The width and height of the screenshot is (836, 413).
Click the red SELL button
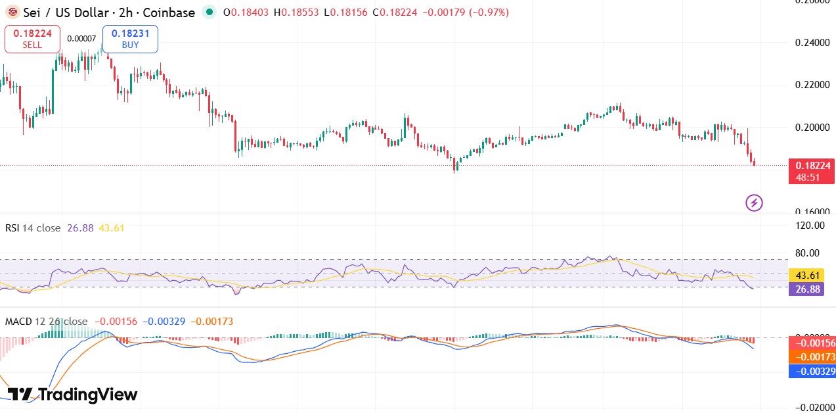(x=32, y=39)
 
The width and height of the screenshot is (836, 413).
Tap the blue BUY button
(x=130, y=39)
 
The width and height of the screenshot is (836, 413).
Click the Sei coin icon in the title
(x=12, y=12)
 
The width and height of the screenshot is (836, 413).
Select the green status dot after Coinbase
(x=209, y=12)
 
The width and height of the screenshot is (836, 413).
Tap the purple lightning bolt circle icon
(x=754, y=203)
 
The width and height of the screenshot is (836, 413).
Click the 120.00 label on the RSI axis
(x=810, y=226)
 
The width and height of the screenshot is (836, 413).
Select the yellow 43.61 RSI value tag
(x=806, y=275)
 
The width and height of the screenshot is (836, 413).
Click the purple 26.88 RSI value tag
(x=806, y=289)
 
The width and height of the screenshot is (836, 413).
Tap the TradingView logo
(x=72, y=395)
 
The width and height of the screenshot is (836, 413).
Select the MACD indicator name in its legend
(x=18, y=322)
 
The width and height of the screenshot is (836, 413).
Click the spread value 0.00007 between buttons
(x=81, y=39)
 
